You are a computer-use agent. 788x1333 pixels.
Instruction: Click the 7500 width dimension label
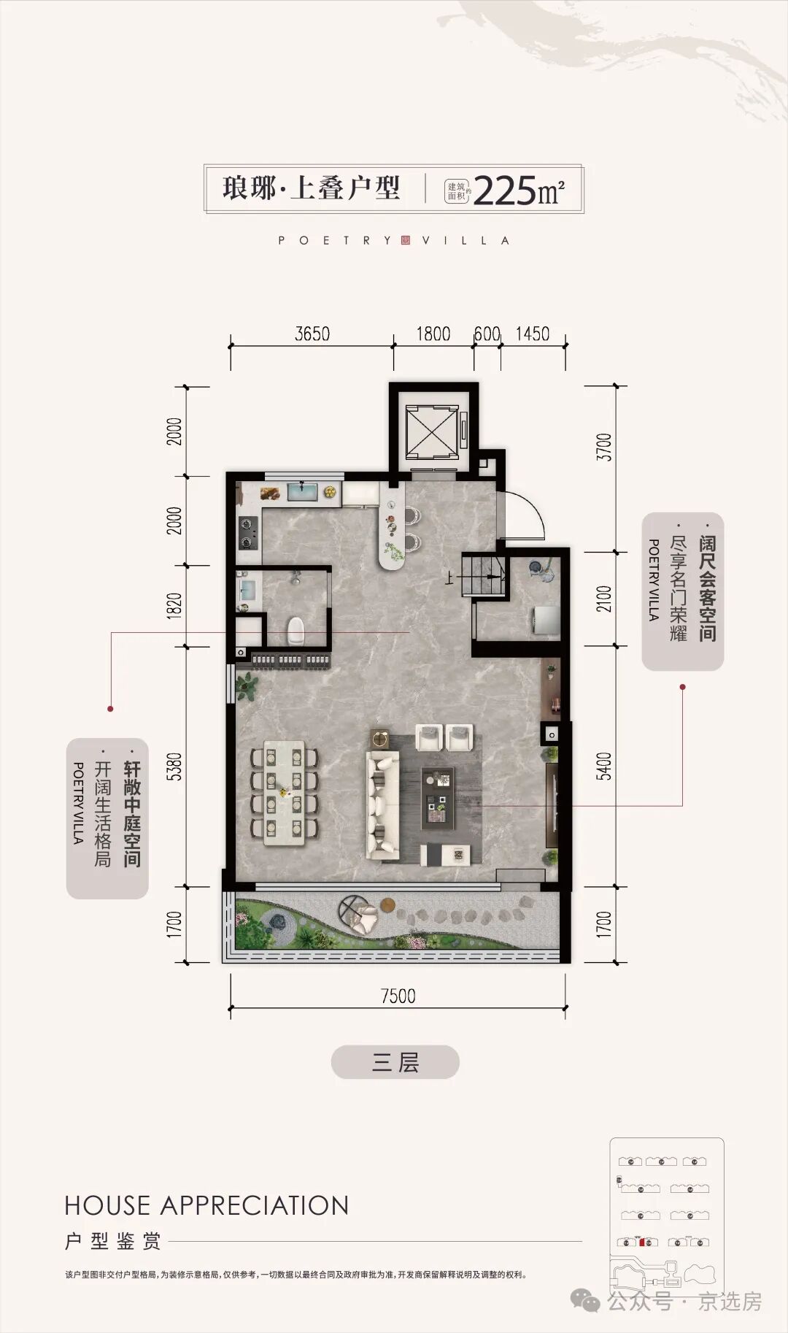click(398, 996)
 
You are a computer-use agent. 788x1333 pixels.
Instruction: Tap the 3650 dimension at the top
click(312, 334)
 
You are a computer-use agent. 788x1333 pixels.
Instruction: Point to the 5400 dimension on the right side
click(604, 767)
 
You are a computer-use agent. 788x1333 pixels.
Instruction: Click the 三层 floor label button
click(395, 1061)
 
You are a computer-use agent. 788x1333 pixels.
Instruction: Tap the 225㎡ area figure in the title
click(519, 191)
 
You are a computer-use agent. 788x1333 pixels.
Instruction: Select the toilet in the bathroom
click(296, 631)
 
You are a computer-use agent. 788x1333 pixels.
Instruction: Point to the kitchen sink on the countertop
click(302, 491)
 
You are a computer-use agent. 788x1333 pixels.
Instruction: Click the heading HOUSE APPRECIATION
click(206, 1205)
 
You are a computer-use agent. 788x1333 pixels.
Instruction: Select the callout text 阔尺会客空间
click(707, 588)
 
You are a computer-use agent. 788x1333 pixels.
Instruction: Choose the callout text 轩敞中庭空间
click(132, 814)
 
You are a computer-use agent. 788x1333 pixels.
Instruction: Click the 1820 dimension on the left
click(174, 606)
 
